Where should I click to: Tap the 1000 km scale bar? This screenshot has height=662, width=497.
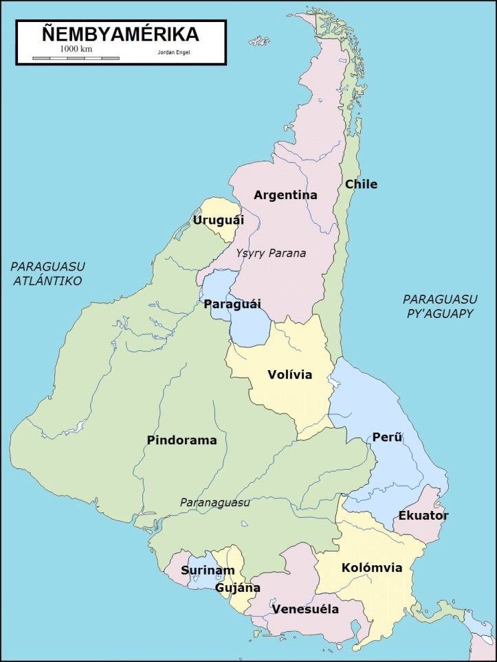[x=76, y=58]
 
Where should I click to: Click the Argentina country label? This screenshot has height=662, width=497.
[x=285, y=195]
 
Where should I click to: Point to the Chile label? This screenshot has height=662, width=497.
[x=361, y=184]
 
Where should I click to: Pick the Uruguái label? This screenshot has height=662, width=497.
[x=218, y=220]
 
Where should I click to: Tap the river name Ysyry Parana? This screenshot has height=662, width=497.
[x=271, y=253]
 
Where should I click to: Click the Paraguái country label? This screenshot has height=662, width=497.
[x=232, y=304]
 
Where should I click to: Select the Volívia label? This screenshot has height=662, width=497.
[x=289, y=374]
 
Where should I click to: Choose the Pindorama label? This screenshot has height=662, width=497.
[x=181, y=440]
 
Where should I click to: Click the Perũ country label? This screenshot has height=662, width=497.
[x=387, y=437]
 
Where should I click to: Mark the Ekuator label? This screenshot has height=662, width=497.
[x=423, y=515]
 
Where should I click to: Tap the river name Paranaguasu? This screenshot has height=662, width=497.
[x=214, y=502]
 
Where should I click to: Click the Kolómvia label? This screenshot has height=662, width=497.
[x=372, y=568]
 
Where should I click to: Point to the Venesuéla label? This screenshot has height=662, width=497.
[x=305, y=609]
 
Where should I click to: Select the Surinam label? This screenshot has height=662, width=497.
[x=208, y=570]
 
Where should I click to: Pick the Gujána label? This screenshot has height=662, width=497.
[x=238, y=588]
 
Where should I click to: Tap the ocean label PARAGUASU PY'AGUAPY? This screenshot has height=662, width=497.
[x=439, y=306]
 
